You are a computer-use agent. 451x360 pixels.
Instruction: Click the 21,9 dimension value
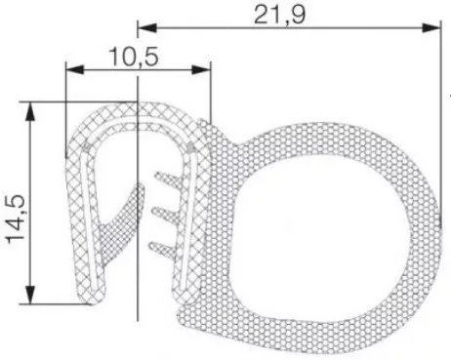pyautogui.click(x=279, y=15)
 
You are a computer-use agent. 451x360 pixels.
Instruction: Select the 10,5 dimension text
pyautogui.click(x=134, y=57)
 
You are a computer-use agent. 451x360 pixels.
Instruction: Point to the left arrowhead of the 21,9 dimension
pyautogui.click(x=147, y=28)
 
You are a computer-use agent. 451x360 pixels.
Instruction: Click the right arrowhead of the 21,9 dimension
pyautogui.click(x=431, y=28)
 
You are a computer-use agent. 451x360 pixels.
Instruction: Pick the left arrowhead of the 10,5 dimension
pyautogui.click(x=75, y=70)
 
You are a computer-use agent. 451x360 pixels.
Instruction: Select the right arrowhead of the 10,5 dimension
pyautogui.click(x=201, y=70)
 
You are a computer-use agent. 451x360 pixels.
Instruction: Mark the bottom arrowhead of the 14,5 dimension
pyautogui.click(x=30, y=295)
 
